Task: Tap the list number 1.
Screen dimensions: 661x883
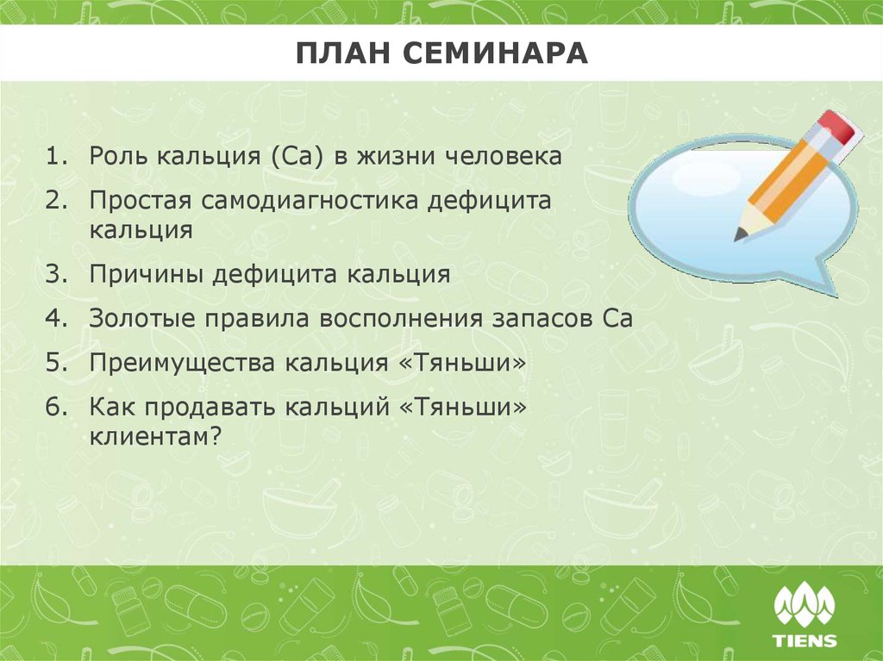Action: point(56,157)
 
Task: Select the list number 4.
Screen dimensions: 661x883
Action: point(56,319)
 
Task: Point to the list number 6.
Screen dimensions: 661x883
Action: point(56,407)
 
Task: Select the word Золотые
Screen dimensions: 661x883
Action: point(141,319)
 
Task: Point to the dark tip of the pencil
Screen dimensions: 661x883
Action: point(740,234)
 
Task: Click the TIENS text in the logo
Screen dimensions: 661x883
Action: point(804,640)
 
